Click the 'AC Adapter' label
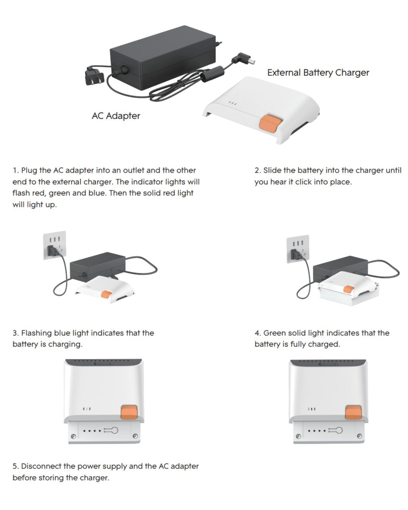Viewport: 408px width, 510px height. pyautogui.click(x=116, y=116)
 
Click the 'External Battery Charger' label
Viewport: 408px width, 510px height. pyautogui.click(x=318, y=73)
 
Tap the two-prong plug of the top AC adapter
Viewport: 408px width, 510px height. pyautogui.click(x=92, y=77)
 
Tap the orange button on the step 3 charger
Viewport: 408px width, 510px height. pyautogui.click(x=129, y=412)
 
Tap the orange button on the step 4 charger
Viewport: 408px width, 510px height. pyautogui.click(x=353, y=412)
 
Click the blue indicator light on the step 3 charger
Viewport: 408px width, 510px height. pyautogui.click(x=87, y=409)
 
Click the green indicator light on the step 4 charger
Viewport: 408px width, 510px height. pyautogui.click(x=309, y=409)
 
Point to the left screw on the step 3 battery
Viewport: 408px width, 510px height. pyautogui.click(x=74, y=437)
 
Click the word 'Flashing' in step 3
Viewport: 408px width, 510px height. pyautogui.click(x=36, y=333)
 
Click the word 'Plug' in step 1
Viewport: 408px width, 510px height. pyautogui.click(x=29, y=170)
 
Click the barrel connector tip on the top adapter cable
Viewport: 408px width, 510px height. pyautogui.click(x=249, y=60)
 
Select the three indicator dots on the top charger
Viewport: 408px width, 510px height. pyautogui.click(x=233, y=103)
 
